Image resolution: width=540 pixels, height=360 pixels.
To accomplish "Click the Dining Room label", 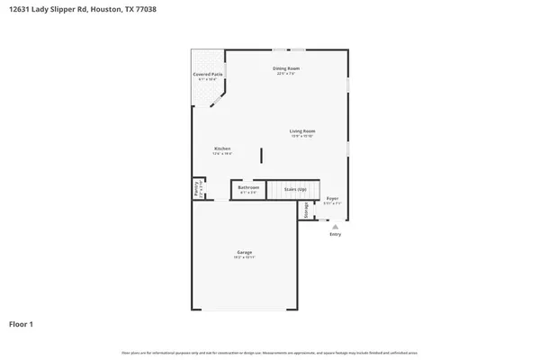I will pyautogui.click(x=286, y=68).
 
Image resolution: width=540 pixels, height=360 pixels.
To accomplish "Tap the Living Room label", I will pyautogui.click(x=301, y=131).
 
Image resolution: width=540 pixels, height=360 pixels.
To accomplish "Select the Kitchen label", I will pyautogui.click(x=222, y=148).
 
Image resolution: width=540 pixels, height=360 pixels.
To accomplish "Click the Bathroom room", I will pyautogui.click(x=248, y=190).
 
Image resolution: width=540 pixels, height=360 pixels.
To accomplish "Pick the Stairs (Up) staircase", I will pyautogui.click(x=296, y=189).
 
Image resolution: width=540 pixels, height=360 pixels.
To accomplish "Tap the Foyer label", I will pyautogui.click(x=332, y=198).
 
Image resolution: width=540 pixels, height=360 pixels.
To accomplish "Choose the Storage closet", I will pyautogui.click(x=306, y=211).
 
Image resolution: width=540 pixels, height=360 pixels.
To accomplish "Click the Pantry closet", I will pyautogui.click(x=197, y=189).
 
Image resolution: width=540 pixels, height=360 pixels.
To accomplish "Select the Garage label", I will pyautogui.click(x=244, y=252).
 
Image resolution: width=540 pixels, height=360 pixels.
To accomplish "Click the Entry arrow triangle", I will pyautogui.click(x=335, y=227).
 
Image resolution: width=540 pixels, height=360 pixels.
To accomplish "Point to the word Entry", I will pyautogui.click(x=335, y=235).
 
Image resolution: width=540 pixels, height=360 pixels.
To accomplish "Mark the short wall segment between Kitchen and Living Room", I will pyautogui.click(x=262, y=155).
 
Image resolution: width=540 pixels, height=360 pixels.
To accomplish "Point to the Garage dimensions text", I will pyautogui.click(x=244, y=257).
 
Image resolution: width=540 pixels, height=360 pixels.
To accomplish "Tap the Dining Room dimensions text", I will pyautogui.click(x=286, y=74).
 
